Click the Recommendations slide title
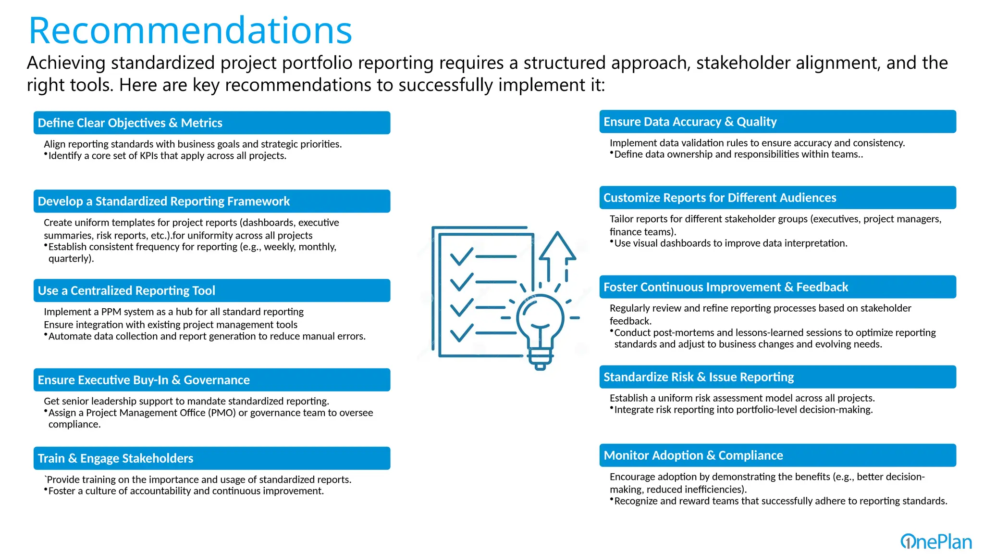click(x=190, y=31)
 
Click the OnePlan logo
click(x=935, y=541)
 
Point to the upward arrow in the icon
click(x=557, y=250)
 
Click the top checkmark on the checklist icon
click(x=461, y=256)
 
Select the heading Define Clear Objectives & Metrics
click(x=130, y=123)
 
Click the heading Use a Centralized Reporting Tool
click(x=126, y=291)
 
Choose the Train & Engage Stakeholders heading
click(x=115, y=459)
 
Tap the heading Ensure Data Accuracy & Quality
click(x=690, y=122)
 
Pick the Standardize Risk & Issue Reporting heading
click(x=699, y=378)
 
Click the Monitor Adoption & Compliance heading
click(x=693, y=456)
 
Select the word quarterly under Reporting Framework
click(x=70, y=259)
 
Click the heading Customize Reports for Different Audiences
click(x=720, y=198)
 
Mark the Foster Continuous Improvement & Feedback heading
click(x=726, y=288)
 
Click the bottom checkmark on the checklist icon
click(x=461, y=332)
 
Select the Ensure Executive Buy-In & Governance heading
click(x=144, y=380)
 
